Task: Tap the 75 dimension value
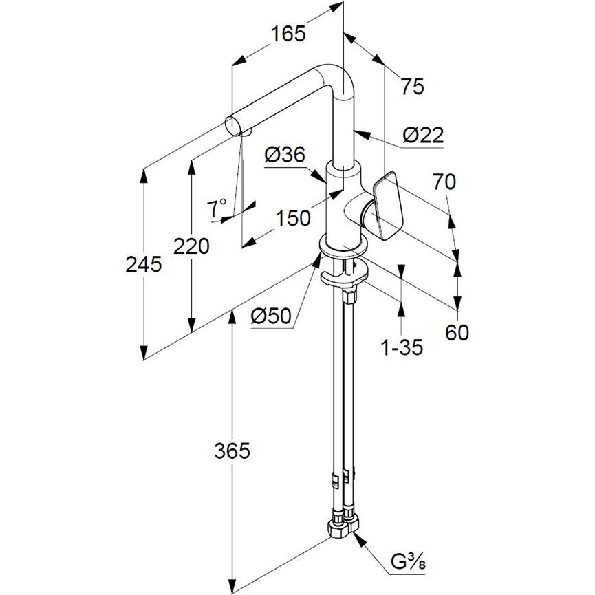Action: point(413,87)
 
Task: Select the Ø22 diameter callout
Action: point(423,136)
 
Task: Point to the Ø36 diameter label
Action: point(283,156)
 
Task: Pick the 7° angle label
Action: point(218,206)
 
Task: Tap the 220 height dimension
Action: point(191,246)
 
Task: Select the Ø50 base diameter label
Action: point(271,316)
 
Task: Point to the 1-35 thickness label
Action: point(402,348)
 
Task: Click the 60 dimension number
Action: point(457,333)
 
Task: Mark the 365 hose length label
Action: point(232,451)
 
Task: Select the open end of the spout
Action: point(234,126)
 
